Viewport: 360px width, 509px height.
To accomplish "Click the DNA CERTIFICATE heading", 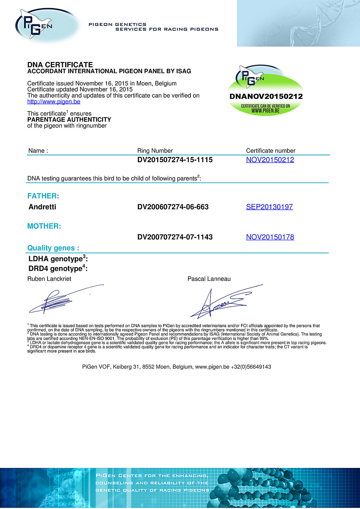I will [60, 65].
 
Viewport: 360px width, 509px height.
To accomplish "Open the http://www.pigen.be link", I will [54, 101].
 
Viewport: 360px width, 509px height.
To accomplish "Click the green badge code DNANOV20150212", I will [266, 96].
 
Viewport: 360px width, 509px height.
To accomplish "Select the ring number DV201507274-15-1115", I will [175, 160].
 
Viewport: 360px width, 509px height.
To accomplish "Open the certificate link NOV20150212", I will [270, 160].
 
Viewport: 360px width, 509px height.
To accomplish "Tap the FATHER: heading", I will [43, 196].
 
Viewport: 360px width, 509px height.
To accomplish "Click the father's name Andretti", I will [42, 207].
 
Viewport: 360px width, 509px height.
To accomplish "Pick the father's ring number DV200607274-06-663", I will [173, 207].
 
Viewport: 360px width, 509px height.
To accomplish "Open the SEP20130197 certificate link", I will [269, 207].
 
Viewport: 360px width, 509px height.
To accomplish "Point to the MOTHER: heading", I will [44, 226].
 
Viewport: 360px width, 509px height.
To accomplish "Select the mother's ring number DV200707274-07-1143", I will [175, 237].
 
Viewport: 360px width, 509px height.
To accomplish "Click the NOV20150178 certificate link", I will [270, 237].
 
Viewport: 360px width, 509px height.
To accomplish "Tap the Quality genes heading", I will [53, 248].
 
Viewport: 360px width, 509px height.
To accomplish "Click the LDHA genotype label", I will [58, 259].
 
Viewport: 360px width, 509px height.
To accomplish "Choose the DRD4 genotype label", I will [58, 268].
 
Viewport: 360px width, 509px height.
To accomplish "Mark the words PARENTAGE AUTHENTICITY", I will [69, 120].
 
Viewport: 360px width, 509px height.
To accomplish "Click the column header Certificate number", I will [271, 151].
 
